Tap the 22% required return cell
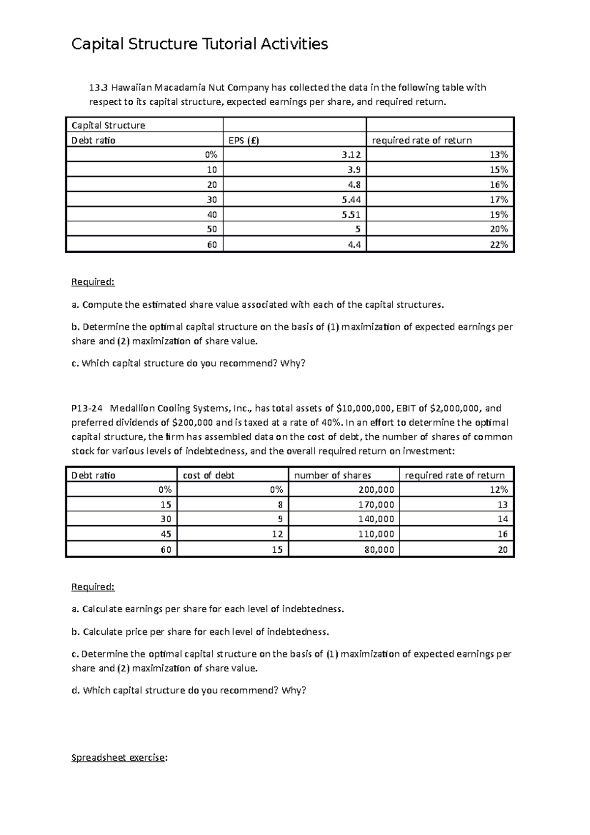pyautogui.click(x=499, y=244)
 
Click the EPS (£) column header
pyautogui.click(x=244, y=141)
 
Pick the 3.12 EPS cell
pyautogui.click(x=351, y=155)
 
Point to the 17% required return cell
pyautogui.click(x=499, y=200)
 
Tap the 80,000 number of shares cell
pyautogui.click(x=379, y=550)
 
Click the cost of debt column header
pyautogui.click(x=208, y=476)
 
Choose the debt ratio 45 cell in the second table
pyautogui.click(x=166, y=534)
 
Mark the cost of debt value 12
pyautogui.click(x=277, y=534)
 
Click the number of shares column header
pyautogui.click(x=332, y=476)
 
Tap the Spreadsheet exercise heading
pyautogui.click(x=118, y=758)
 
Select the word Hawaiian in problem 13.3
pyautogui.click(x=131, y=88)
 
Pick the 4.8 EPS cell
pyautogui.click(x=354, y=185)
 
